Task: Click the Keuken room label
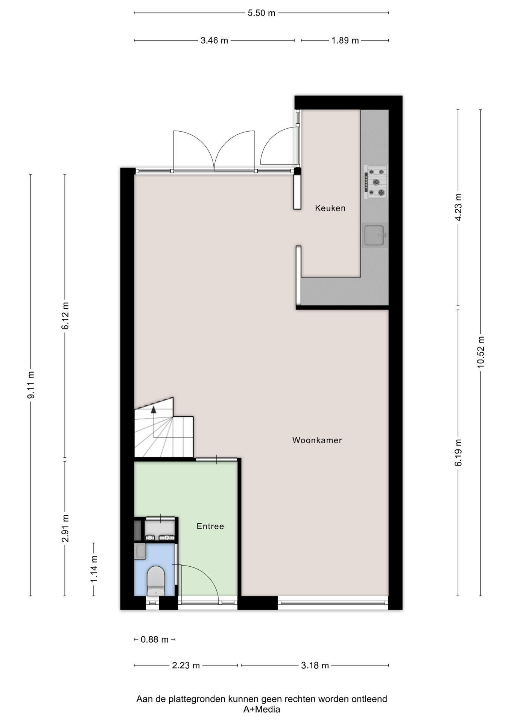point(330,208)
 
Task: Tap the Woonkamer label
point(317,440)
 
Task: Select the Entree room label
point(210,526)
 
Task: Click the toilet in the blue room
point(156,581)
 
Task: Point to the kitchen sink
point(375,235)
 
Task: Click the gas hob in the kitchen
point(376,182)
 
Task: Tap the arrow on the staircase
point(154,421)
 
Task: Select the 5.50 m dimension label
point(262,13)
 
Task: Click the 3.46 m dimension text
point(214,40)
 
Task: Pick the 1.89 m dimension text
point(345,40)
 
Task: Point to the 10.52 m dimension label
point(481,352)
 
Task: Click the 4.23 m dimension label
point(458,207)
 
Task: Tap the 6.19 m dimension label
point(458,453)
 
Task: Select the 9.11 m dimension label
point(31,385)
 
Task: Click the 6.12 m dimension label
point(65,315)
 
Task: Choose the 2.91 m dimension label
point(65,528)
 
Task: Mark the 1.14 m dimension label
point(94,569)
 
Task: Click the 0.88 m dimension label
point(155,639)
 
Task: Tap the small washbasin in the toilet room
point(140,551)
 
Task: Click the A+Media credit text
point(262,710)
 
